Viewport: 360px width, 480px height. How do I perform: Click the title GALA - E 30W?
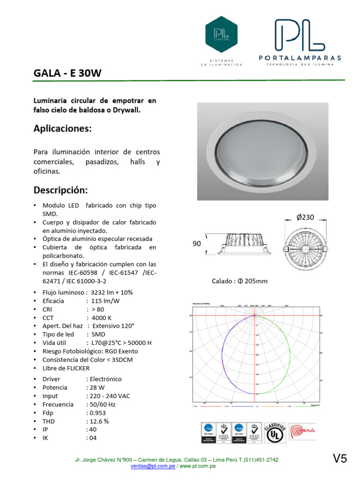(x=67, y=74)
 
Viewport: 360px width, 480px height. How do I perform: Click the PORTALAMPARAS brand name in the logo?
(x=300, y=58)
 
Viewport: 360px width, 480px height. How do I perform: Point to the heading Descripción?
(x=60, y=190)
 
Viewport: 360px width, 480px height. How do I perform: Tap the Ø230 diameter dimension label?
(x=305, y=217)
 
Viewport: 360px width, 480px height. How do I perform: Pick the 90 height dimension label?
(x=197, y=244)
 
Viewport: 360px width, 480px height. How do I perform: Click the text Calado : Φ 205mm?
(x=240, y=281)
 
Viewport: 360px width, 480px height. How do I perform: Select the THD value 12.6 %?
(x=97, y=421)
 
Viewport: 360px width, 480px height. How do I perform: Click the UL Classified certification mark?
(x=275, y=434)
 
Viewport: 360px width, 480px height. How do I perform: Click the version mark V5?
(x=340, y=459)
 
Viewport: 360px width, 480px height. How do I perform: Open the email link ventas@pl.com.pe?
(x=153, y=466)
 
